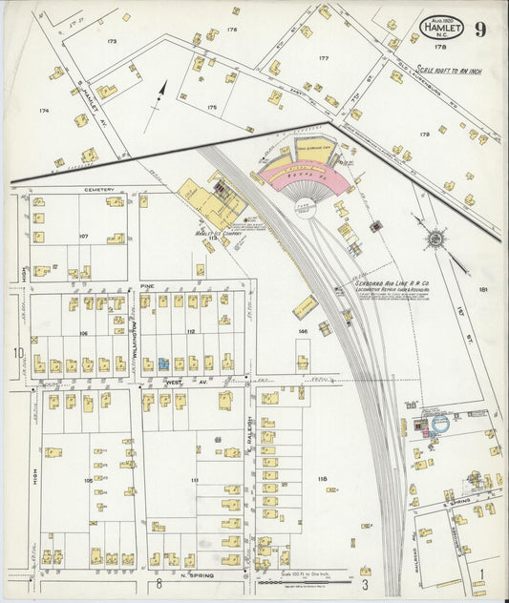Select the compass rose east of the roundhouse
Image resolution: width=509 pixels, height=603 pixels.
click(435, 238)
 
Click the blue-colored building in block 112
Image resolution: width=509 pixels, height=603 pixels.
click(163, 364)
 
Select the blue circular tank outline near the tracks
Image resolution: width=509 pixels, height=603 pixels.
click(441, 423)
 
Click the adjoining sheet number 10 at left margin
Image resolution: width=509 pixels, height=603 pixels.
click(17, 353)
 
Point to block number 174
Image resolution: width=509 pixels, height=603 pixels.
click(43, 111)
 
